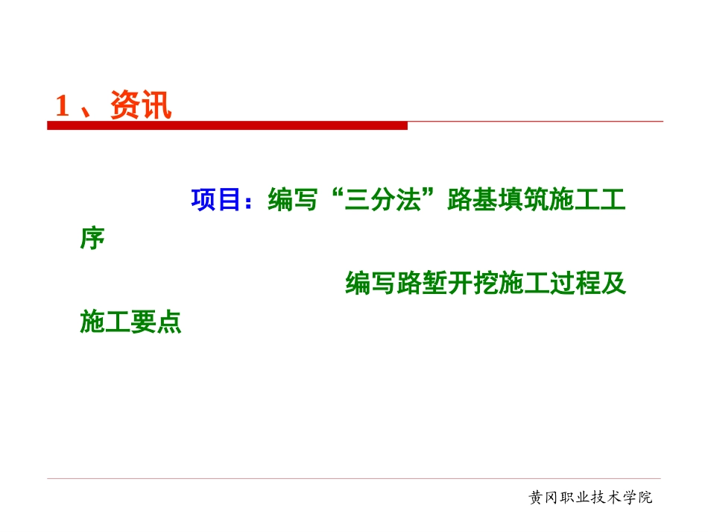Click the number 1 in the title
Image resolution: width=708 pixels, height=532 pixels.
tap(63, 106)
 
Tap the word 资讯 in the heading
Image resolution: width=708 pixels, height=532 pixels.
tap(141, 106)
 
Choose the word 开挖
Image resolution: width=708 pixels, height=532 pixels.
tap(471, 284)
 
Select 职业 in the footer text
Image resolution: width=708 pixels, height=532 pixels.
tap(573, 498)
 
